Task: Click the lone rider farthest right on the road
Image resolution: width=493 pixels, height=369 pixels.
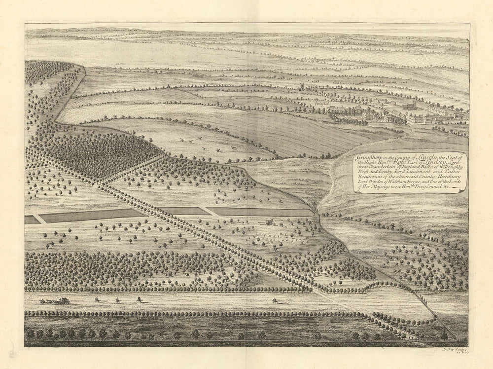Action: tap(274, 299)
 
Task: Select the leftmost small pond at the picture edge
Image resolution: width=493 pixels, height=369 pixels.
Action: tap(32, 220)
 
